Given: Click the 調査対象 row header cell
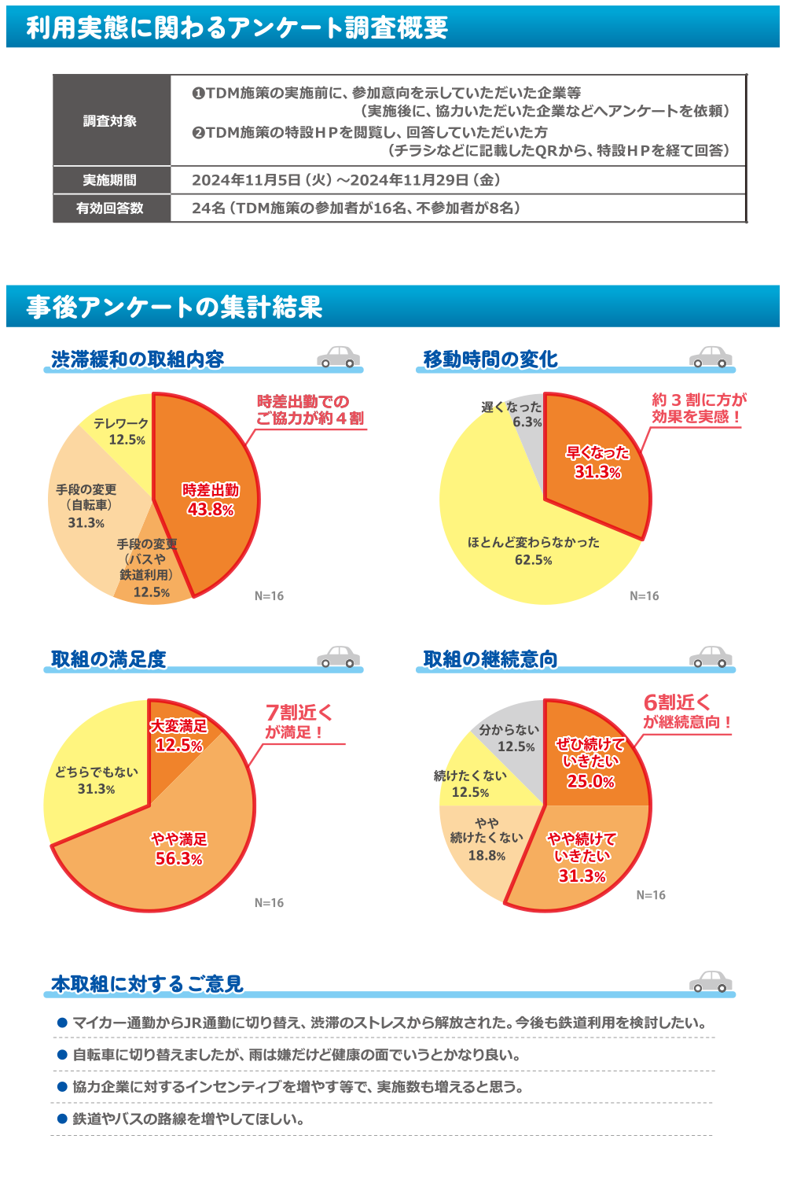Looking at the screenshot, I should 111,121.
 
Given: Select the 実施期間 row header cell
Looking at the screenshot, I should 111,180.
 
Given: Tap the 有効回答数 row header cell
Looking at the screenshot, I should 111,208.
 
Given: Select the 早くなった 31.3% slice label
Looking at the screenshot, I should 597,463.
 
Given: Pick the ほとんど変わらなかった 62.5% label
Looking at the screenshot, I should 534,551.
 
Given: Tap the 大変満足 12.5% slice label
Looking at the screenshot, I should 179,735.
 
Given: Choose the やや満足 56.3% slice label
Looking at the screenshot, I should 179,849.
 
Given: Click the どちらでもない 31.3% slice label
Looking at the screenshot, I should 96,780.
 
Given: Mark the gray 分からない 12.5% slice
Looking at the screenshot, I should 509,738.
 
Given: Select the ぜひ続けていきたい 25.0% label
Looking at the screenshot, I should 590,762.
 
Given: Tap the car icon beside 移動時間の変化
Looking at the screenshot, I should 711,357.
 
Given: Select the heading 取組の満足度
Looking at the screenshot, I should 108,659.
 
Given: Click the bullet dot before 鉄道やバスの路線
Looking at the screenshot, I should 62,1119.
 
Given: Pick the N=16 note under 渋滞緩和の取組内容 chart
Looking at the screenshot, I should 269,596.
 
